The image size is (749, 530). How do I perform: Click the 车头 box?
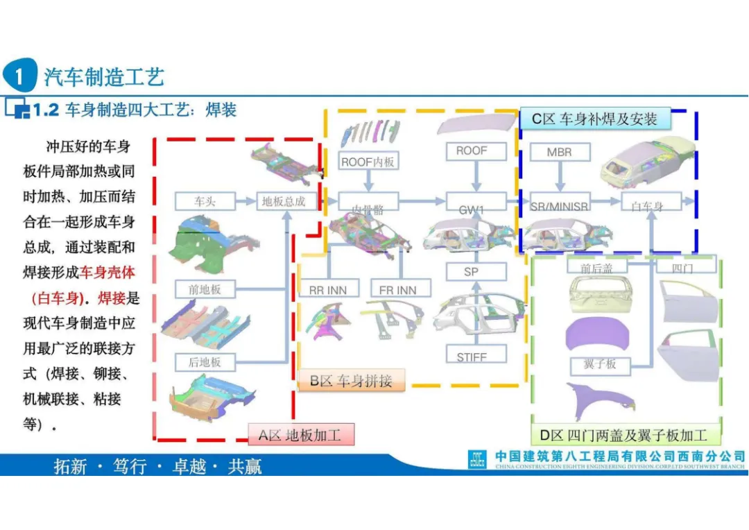pyautogui.click(x=205, y=202)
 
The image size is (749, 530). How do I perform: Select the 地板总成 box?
pyautogui.click(x=283, y=202)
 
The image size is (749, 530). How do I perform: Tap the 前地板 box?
pyautogui.click(x=205, y=289)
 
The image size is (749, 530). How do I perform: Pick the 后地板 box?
pyautogui.click(x=205, y=361)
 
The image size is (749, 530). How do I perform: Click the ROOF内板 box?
pyautogui.click(x=368, y=162)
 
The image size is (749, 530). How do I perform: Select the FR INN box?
pyautogui.click(x=398, y=289)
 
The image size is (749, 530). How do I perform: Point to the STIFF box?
pyautogui.click(x=472, y=357)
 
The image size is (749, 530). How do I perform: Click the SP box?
pyautogui.click(x=472, y=272)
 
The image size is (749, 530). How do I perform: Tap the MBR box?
pyautogui.click(x=559, y=152)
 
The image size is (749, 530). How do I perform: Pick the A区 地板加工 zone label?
pyautogui.click(x=301, y=435)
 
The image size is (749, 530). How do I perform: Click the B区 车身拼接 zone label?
pyautogui.click(x=351, y=380)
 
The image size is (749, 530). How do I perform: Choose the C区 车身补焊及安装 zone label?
pyautogui.click(x=594, y=119)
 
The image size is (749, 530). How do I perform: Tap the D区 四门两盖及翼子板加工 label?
pyautogui.click(x=623, y=435)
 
